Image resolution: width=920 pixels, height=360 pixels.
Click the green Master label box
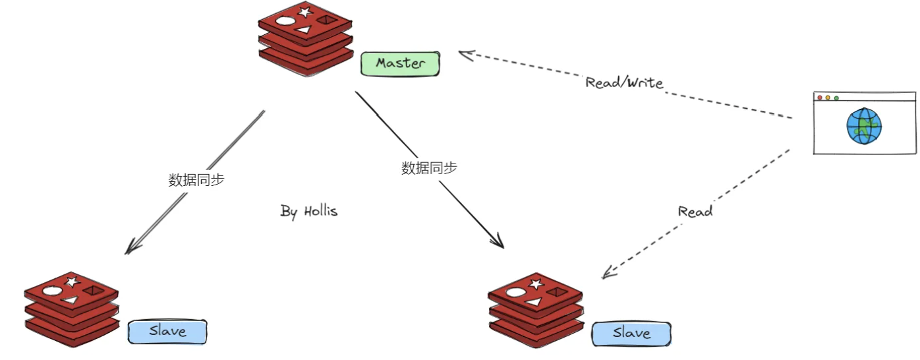(x=400, y=63)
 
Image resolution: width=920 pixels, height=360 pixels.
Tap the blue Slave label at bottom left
(x=167, y=331)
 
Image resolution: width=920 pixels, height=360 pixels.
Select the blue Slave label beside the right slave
(x=631, y=334)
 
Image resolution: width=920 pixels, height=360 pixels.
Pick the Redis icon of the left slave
(x=71, y=309)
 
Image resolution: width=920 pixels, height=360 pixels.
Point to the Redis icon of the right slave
(x=536, y=309)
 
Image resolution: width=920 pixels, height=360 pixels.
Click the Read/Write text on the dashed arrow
(x=624, y=83)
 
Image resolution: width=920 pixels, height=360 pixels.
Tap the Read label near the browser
(x=695, y=212)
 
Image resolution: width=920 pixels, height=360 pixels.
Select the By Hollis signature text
(x=309, y=212)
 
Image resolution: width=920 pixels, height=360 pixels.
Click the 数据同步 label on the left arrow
(x=196, y=180)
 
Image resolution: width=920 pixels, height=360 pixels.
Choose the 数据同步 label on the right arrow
(x=429, y=168)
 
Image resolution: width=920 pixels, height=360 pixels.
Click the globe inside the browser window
(x=864, y=127)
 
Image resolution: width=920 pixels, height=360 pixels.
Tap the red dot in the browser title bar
(x=820, y=98)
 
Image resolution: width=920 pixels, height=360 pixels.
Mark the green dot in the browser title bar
(x=836, y=98)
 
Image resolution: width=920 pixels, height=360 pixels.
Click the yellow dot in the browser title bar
(x=828, y=98)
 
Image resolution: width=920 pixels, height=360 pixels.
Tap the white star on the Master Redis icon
(x=304, y=11)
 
